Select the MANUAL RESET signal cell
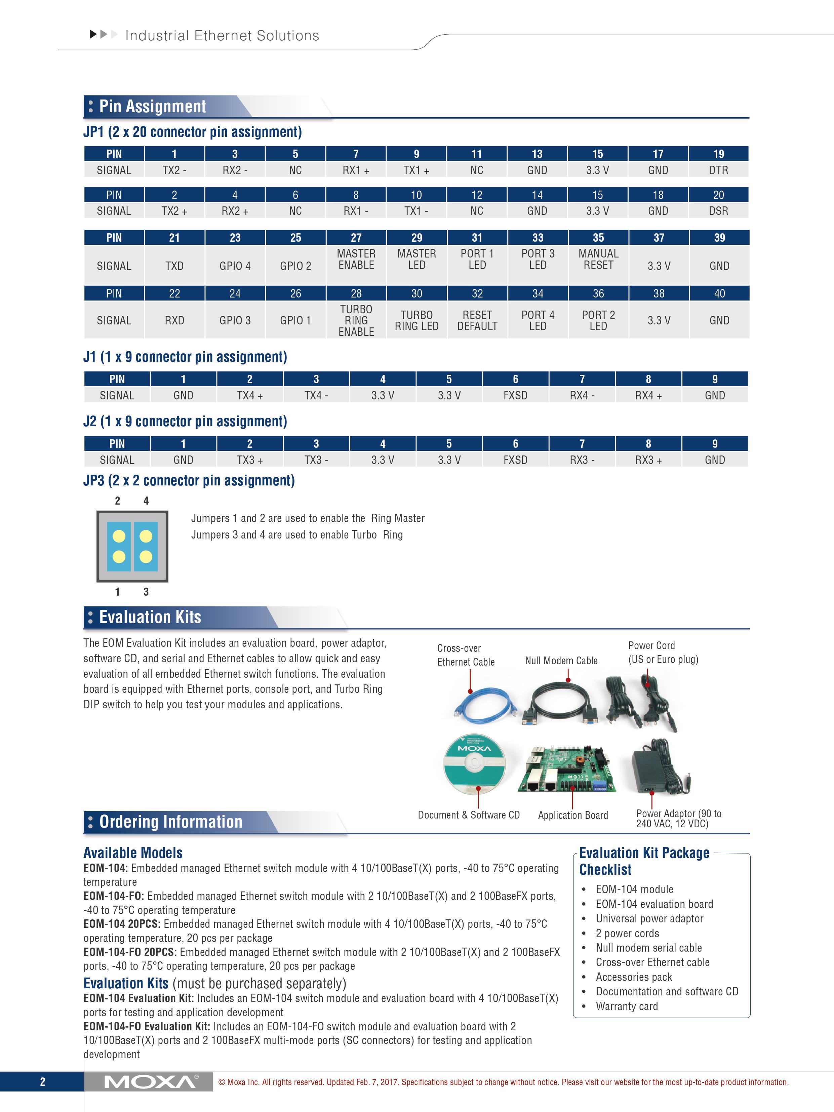click(x=598, y=260)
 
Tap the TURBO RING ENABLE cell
click(x=356, y=320)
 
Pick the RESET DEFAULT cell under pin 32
click(x=477, y=320)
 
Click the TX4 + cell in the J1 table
click(x=250, y=396)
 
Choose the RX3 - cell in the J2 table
click(x=582, y=460)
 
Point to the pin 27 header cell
click(x=356, y=238)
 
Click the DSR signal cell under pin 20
click(x=718, y=211)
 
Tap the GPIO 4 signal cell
click(x=235, y=266)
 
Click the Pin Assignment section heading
click(x=152, y=107)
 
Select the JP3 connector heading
click(x=189, y=481)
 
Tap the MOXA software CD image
click(x=475, y=764)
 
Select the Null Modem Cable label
click(x=561, y=661)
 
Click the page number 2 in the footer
click(x=43, y=1082)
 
